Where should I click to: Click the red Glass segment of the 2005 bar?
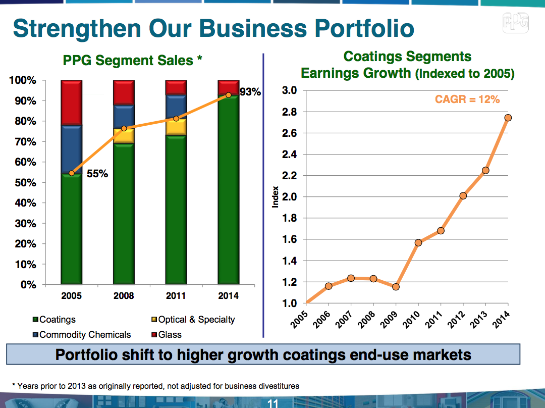coord(71,103)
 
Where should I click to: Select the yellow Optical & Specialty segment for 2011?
coord(176,127)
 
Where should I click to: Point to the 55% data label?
coord(97,174)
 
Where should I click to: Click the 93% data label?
coord(250,92)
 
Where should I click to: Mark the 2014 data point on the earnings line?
coord(508,118)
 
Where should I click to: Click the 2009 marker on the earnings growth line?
coord(396,287)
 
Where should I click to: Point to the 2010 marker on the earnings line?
coord(418,243)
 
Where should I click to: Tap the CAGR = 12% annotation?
coord(467,99)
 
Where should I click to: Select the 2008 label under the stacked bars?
coord(124,296)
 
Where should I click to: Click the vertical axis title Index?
coord(276,196)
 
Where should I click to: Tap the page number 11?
coord(272,403)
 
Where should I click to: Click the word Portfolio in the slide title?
coord(364,28)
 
